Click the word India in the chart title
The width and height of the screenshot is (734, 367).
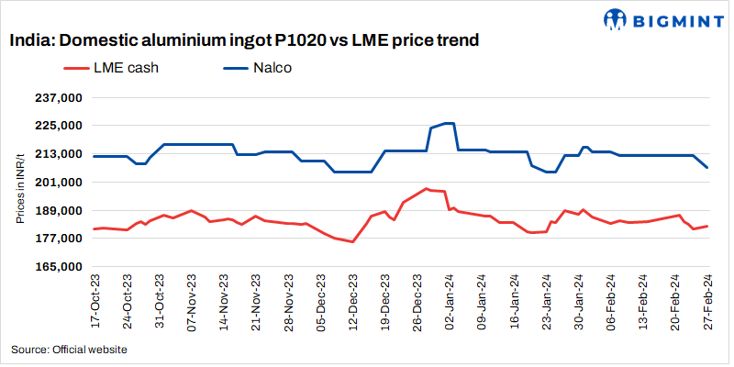click(x=30, y=40)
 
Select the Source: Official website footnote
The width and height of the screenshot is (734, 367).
click(x=69, y=350)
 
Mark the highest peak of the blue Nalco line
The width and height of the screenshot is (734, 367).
click(x=449, y=123)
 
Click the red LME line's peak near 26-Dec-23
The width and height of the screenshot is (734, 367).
click(x=427, y=189)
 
